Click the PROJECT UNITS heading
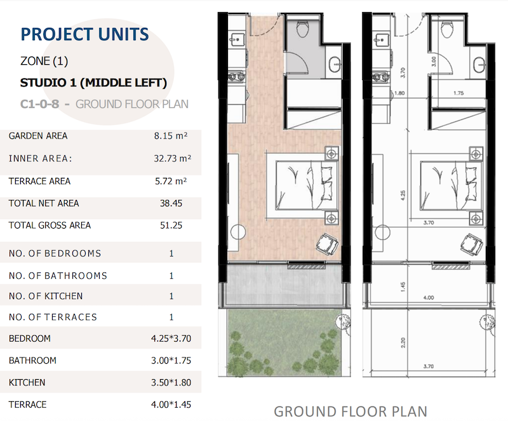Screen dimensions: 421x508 coord(84,34)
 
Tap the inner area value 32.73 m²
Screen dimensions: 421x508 coord(173,159)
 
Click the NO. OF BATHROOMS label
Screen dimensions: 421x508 coord(58,276)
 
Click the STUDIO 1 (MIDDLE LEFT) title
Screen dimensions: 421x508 coord(93,83)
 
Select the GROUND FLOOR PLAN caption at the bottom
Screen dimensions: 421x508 coord(351,411)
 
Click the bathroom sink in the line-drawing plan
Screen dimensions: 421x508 coord(478,63)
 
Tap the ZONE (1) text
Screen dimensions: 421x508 coord(44,62)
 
